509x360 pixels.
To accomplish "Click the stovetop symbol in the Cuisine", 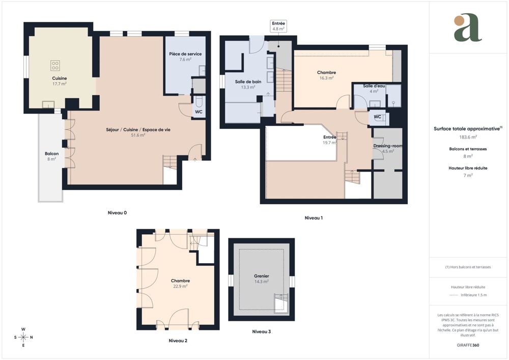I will coord(55,65).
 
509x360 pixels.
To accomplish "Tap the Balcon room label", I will coord(51,153).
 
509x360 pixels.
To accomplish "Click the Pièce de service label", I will coord(185,53).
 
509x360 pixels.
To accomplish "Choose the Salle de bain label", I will coord(248,81).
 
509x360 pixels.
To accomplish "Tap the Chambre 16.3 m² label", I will coord(326,72).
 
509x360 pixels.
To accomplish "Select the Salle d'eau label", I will coord(374,86).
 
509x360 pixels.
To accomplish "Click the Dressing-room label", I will coord(388,146).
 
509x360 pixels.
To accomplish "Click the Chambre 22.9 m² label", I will coord(180,281).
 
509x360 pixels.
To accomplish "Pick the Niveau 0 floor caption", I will coord(117,212).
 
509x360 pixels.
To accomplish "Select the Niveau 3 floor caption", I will coord(261,331).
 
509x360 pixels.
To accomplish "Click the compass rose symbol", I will coord(23,337).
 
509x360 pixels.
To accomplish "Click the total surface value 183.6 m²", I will coord(468,137).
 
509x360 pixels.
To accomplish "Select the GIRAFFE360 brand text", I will coord(468,345).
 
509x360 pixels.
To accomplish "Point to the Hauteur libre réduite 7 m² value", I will coord(468,175).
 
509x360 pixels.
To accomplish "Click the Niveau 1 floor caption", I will coord(314,218).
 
